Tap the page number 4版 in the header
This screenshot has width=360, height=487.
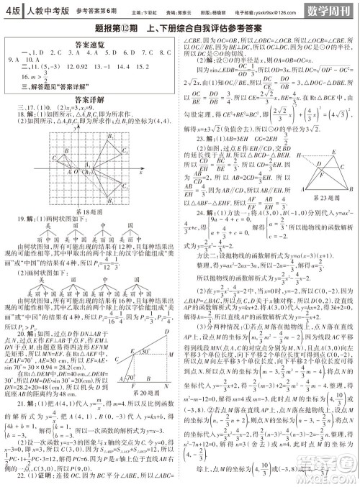[x=12, y=11]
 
